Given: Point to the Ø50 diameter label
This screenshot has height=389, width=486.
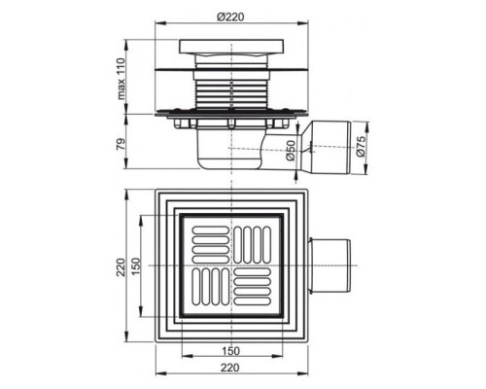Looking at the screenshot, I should (x=291, y=149).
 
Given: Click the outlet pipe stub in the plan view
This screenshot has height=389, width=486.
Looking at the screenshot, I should (x=330, y=265).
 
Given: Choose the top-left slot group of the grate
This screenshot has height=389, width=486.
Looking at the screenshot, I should (x=207, y=242).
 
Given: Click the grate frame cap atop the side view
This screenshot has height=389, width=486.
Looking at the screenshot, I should (x=230, y=50).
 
